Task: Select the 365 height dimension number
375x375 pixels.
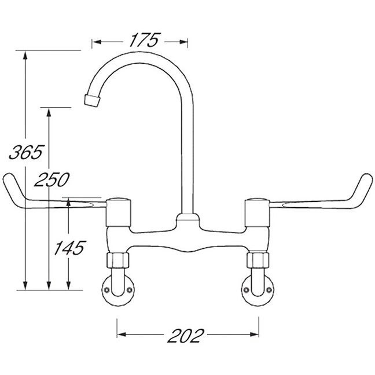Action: pyautogui.click(x=25, y=152)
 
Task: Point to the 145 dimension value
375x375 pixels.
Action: pyautogui.click(x=69, y=248)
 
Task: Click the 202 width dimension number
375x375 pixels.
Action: pyautogui.click(x=187, y=334)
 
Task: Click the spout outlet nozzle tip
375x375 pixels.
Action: pyautogui.click(x=91, y=100)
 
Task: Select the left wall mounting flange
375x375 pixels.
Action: pyautogui.click(x=117, y=290)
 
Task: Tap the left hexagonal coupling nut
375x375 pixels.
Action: pyautogui.click(x=117, y=260)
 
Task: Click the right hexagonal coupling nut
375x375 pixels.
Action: pyautogui.click(x=258, y=260)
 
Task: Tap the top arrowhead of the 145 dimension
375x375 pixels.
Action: pyautogui.click(x=69, y=202)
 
